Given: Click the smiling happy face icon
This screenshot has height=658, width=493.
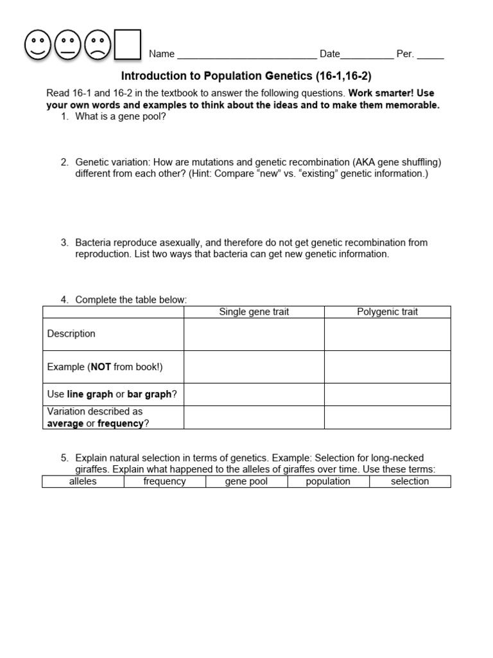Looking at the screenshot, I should [39, 45].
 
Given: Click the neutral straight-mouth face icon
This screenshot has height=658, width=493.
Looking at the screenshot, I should [69, 45].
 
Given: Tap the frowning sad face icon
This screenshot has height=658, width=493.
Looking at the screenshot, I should [98, 45].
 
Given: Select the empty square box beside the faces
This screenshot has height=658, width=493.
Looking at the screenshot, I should [127, 44].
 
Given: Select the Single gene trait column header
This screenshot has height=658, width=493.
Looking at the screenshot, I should [254, 312].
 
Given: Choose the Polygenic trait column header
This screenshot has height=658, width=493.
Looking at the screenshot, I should [387, 312].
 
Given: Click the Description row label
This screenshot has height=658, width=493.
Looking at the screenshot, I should [71, 333].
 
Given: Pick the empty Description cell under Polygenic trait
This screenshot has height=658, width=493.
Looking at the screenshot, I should [387, 334].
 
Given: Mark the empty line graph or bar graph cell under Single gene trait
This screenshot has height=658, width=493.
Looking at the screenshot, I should [254, 395].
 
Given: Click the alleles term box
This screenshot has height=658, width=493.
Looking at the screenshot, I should [83, 481].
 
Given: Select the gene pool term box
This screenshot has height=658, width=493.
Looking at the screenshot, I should [246, 481].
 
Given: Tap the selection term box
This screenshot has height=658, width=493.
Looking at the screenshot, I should [410, 481].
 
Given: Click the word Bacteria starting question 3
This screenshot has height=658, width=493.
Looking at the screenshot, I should [93, 243].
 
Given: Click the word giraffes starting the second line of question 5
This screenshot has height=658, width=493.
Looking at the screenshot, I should [92, 470].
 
